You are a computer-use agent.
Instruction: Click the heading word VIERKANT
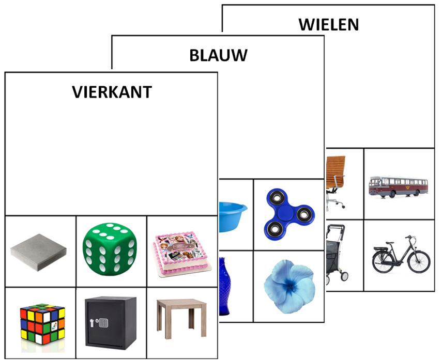(x=112, y=92)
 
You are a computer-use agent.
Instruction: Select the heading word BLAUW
(x=218, y=55)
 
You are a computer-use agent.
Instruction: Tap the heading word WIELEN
(x=328, y=24)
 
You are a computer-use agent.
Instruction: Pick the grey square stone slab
(x=38, y=252)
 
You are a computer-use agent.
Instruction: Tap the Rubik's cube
(x=42, y=323)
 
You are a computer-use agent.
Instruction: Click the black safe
(x=111, y=322)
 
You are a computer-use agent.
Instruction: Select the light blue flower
(x=288, y=285)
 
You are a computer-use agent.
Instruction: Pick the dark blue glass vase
(x=225, y=286)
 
